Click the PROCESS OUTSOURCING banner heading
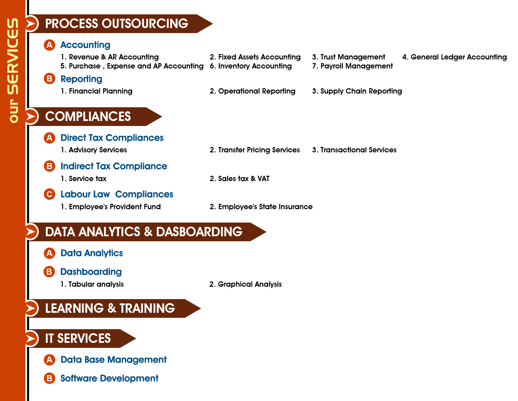117,24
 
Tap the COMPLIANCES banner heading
88,117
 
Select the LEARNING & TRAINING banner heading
110,308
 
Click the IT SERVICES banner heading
78,338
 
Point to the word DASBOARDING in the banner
199,232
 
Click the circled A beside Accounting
49,45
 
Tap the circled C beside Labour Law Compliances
49,194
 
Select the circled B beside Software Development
49,378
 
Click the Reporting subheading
81,79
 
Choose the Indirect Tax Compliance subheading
114,166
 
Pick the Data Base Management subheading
114,360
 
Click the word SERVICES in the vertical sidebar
13,56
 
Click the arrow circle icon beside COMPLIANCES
31,117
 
